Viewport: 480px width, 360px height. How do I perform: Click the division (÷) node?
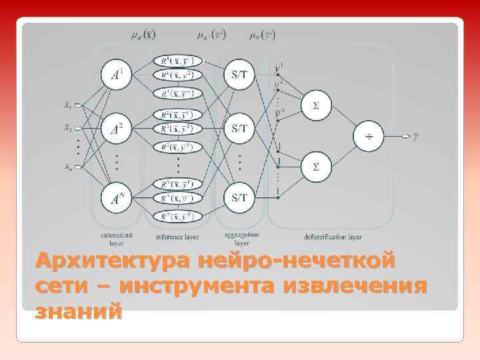click(368, 137)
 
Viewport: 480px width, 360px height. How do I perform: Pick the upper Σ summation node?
click(316, 105)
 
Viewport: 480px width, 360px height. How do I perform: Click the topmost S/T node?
click(239, 75)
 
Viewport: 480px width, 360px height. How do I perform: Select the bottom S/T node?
click(239, 197)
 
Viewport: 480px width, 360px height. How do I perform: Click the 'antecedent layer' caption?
click(116, 239)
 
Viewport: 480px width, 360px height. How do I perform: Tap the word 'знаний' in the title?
click(79, 310)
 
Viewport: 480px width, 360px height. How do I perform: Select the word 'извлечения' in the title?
click(355, 285)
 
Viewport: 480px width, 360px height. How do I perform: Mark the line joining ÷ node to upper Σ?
click(341, 121)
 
